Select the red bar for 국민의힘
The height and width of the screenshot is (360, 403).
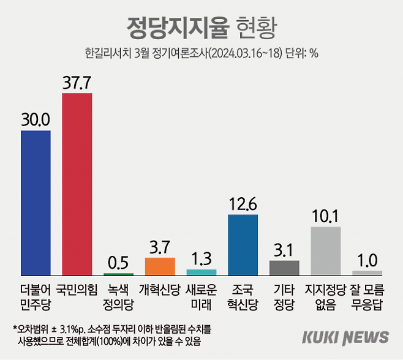click(77, 184)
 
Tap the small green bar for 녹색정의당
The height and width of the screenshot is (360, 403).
click(118, 273)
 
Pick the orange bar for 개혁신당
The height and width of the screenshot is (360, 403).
click(160, 266)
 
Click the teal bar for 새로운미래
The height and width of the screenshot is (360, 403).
click(201, 272)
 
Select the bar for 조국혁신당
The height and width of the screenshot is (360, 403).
click(243, 244)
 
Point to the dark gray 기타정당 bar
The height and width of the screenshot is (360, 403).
click(284, 268)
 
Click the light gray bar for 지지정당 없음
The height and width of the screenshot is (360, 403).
click(326, 250)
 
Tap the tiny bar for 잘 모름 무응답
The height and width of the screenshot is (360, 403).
click(367, 272)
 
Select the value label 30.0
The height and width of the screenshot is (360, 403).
click(36, 120)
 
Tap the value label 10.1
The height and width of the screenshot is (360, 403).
click(326, 216)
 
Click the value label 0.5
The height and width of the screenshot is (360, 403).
click(118, 262)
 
